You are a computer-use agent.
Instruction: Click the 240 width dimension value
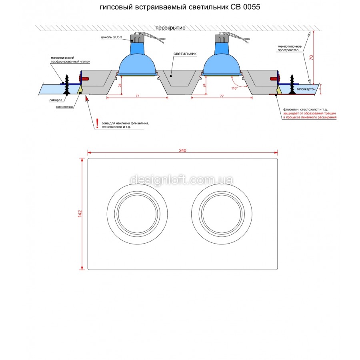pyautogui.click(x=182, y=150)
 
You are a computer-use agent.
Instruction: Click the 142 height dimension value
pyautogui.click(x=80, y=214)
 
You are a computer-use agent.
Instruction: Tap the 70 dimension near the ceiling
pyautogui.click(x=311, y=57)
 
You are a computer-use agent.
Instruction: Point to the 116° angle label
pyautogui.click(x=234, y=88)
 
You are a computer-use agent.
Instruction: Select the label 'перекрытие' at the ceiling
pyautogui.click(x=170, y=28)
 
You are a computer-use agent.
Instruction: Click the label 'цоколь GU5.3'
pyautogui.click(x=112, y=37)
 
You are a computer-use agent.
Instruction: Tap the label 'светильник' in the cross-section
pyautogui.click(x=185, y=54)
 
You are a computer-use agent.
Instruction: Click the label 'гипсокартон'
pyautogui.click(x=306, y=89)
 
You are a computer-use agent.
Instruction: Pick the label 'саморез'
pyautogui.click(x=56, y=100)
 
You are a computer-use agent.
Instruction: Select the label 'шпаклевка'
pyautogui.click(x=64, y=107)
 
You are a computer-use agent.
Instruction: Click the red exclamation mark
pyautogui.click(x=97, y=123)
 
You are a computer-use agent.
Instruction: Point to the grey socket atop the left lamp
pyautogui.click(x=137, y=38)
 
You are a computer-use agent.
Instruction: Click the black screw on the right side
pyautogui.click(x=292, y=84)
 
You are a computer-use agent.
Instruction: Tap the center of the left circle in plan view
pyautogui.click(x=137, y=214)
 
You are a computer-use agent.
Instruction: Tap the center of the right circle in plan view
pyautogui.click(x=222, y=214)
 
